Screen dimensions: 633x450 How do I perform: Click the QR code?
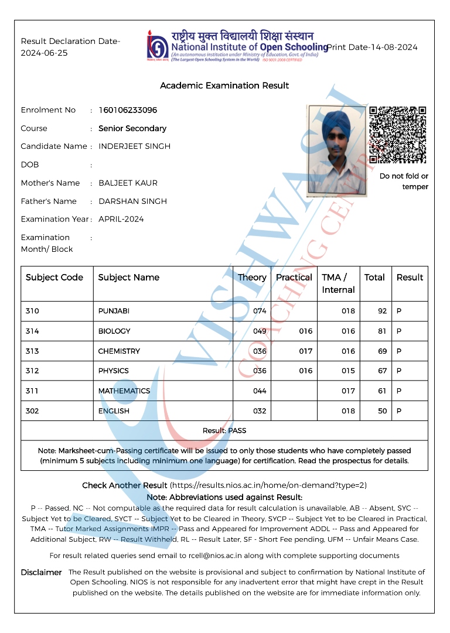point(398,135)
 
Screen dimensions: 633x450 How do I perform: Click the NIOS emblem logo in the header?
point(158,46)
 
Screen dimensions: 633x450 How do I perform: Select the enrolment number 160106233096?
point(128,110)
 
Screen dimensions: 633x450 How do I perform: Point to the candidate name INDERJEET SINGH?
point(134,146)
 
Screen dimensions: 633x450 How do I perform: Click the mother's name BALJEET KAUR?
point(128,183)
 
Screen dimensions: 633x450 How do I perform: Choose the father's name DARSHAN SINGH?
point(132,201)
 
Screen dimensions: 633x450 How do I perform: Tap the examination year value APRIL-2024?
point(121,219)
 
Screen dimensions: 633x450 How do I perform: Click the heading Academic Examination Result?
point(224,85)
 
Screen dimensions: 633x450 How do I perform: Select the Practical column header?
point(294,278)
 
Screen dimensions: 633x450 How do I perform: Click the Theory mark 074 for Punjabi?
point(260,311)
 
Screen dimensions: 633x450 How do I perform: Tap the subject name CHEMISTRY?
point(119,351)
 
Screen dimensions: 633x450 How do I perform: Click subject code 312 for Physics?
point(32,371)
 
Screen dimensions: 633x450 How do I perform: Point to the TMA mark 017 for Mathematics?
point(348,391)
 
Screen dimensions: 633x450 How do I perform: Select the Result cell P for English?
point(399,410)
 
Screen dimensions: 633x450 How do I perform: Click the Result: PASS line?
point(224,430)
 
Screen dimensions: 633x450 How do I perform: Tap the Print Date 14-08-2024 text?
point(372,47)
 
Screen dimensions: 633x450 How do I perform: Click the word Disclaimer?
point(41,572)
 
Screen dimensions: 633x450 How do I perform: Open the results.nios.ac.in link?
point(268,485)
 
